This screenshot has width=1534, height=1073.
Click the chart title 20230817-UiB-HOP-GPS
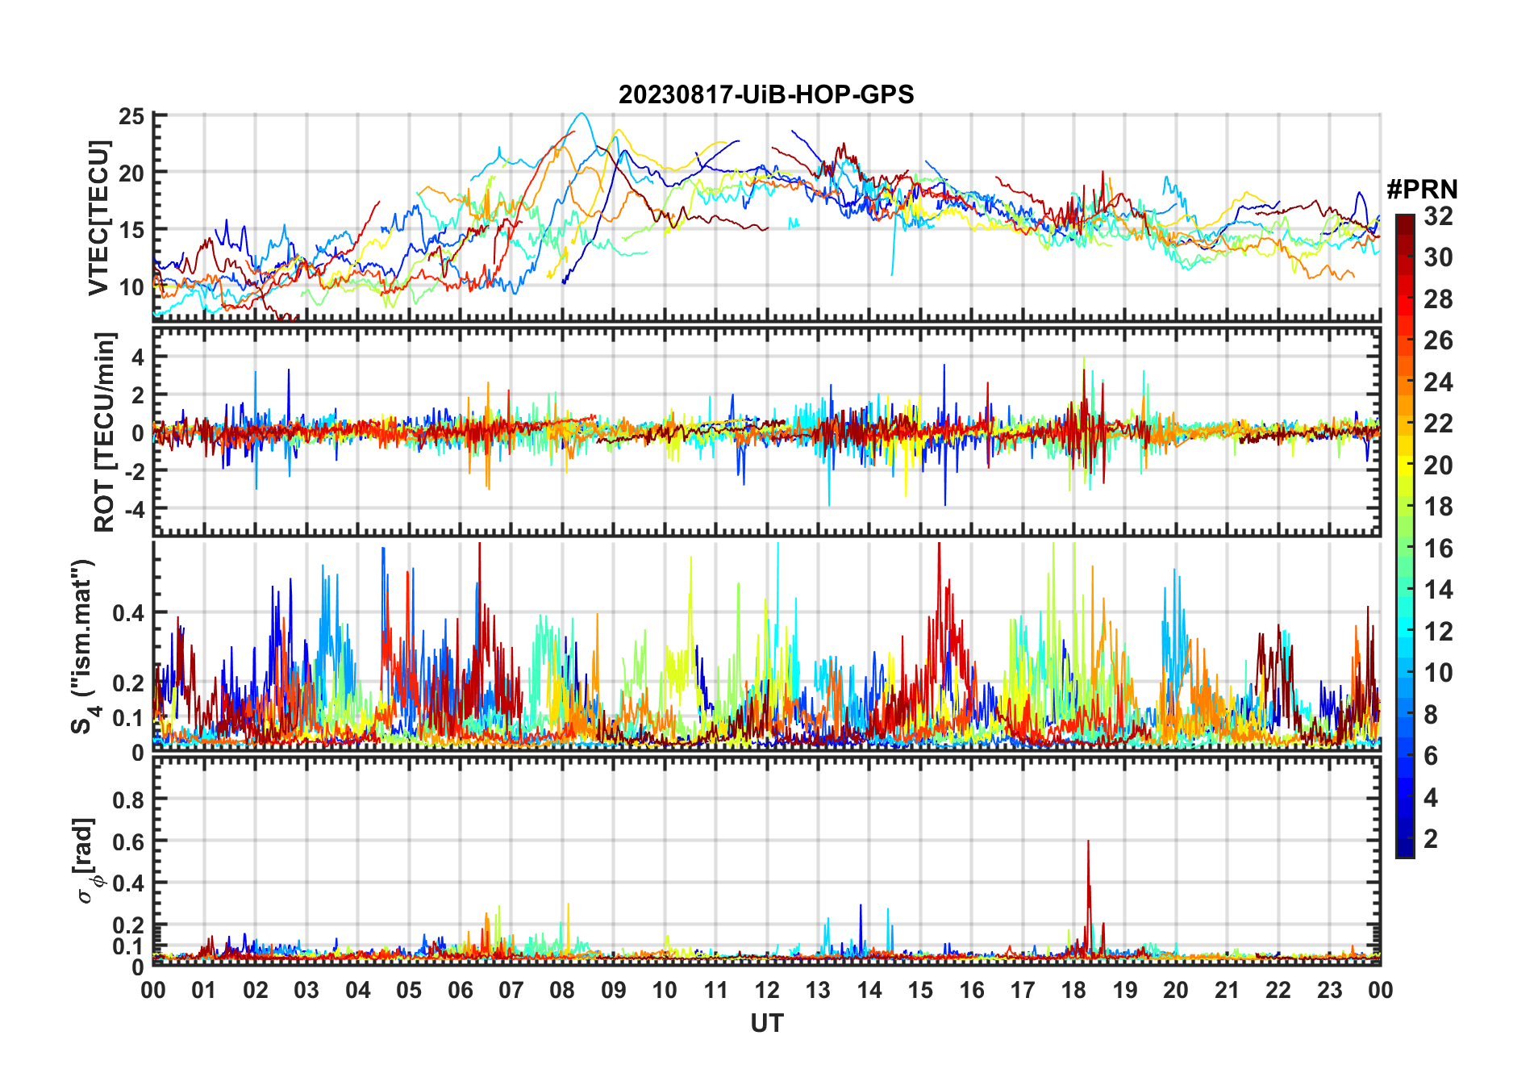click(766, 94)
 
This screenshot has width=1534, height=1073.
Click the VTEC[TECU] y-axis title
click(98, 218)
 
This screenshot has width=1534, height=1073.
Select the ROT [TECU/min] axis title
click(104, 432)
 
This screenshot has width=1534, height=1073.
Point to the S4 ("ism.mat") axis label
click(83, 646)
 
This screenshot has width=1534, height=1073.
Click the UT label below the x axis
click(766, 1023)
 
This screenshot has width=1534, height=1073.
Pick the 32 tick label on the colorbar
click(1438, 215)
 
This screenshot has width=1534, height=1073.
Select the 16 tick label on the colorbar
click(1438, 549)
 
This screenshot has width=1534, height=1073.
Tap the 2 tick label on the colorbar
click(1431, 839)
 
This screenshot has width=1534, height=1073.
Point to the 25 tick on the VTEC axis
click(131, 116)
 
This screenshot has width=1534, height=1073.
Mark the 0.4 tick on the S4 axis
click(128, 613)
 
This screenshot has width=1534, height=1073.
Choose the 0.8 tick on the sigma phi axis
click(128, 800)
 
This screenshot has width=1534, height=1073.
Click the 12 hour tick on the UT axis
click(767, 990)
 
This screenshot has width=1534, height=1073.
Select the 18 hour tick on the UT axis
click(1073, 990)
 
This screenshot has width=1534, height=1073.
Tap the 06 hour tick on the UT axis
click(460, 990)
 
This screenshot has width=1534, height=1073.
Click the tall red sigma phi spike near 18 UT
click(1088, 844)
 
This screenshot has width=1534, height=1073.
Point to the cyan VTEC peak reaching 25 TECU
click(582, 115)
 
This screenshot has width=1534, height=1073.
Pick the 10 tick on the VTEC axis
click(131, 286)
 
